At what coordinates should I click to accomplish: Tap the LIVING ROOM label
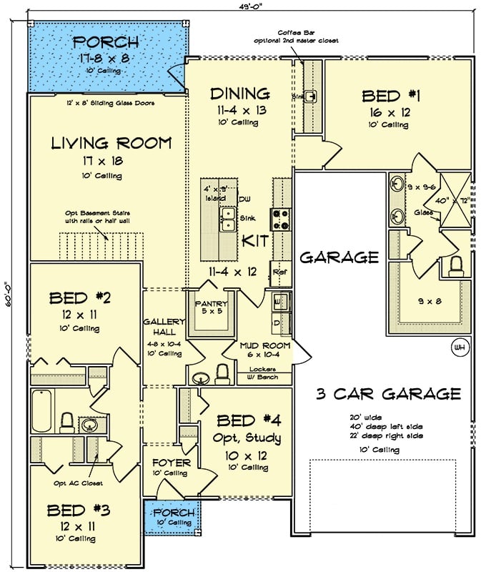click(x=111, y=143)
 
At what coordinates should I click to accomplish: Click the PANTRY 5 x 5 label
click(x=212, y=307)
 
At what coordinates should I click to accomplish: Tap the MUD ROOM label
click(x=264, y=345)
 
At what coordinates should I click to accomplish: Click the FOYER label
click(x=171, y=463)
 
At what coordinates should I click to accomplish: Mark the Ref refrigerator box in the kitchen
click(x=279, y=273)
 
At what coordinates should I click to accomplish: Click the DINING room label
click(x=239, y=94)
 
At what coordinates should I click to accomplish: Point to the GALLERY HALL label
click(x=164, y=327)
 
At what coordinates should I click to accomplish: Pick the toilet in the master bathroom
click(x=456, y=266)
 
